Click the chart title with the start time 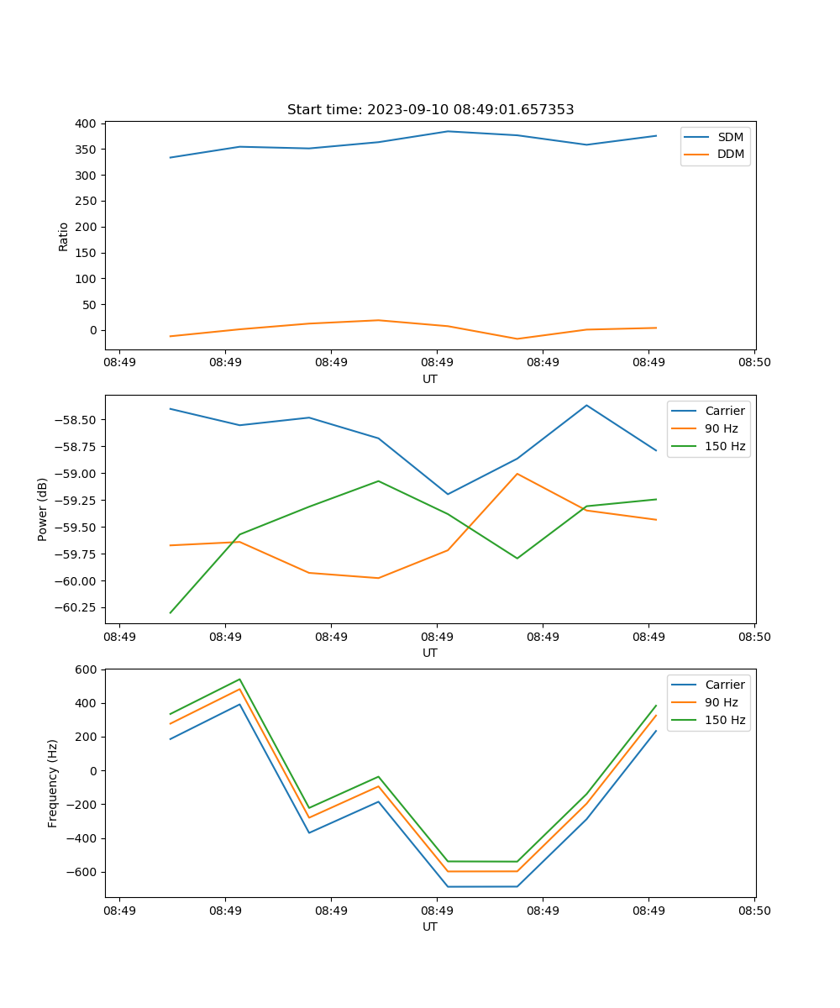point(430,110)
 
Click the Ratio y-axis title point(64,236)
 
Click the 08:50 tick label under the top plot point(753,363)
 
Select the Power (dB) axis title point(43,509)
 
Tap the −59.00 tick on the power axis point(77,474)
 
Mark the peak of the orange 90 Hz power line point(517,474)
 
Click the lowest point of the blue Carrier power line point(448,494)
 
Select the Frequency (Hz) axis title point(53,783)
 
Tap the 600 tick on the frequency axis point(87,669)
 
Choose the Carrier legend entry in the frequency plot point(724,685)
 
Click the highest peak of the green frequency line point(240,679)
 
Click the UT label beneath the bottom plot point(430,927)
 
